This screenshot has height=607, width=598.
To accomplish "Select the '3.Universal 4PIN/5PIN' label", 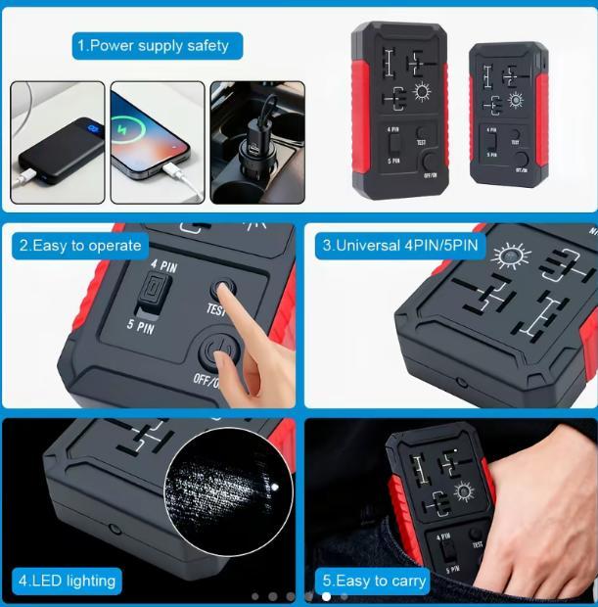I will click(401, 245).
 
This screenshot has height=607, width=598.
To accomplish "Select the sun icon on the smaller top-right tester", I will click(514, 99).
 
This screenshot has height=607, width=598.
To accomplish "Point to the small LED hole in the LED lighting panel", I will click(115, 529).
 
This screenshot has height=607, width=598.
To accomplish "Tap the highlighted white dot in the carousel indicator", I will click(326, 595).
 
